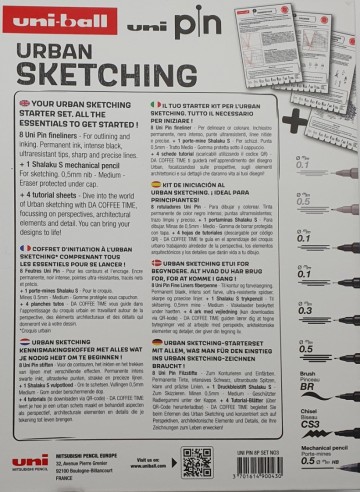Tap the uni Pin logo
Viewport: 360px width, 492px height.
pyautogui.click(x=143, y=18)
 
